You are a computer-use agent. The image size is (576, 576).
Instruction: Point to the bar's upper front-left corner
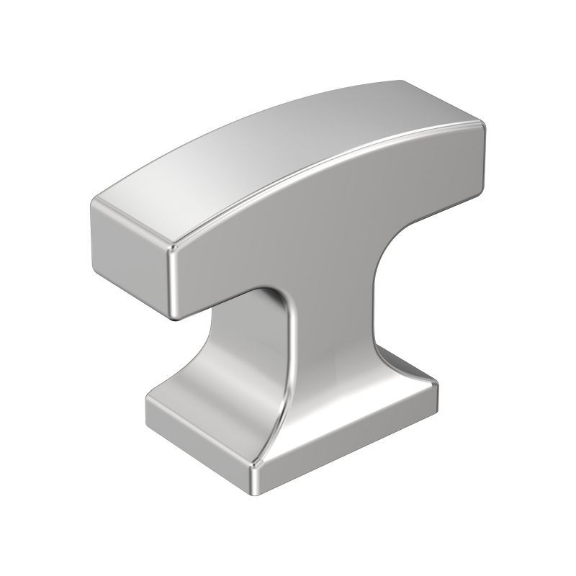coord(173,248)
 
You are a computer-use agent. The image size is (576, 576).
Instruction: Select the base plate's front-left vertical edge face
coord(194,439)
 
